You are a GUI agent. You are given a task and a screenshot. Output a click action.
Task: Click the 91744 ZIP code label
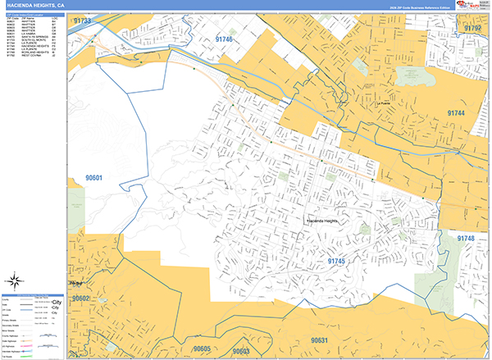457,112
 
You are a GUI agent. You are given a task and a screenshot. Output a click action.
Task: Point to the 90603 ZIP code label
240,351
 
